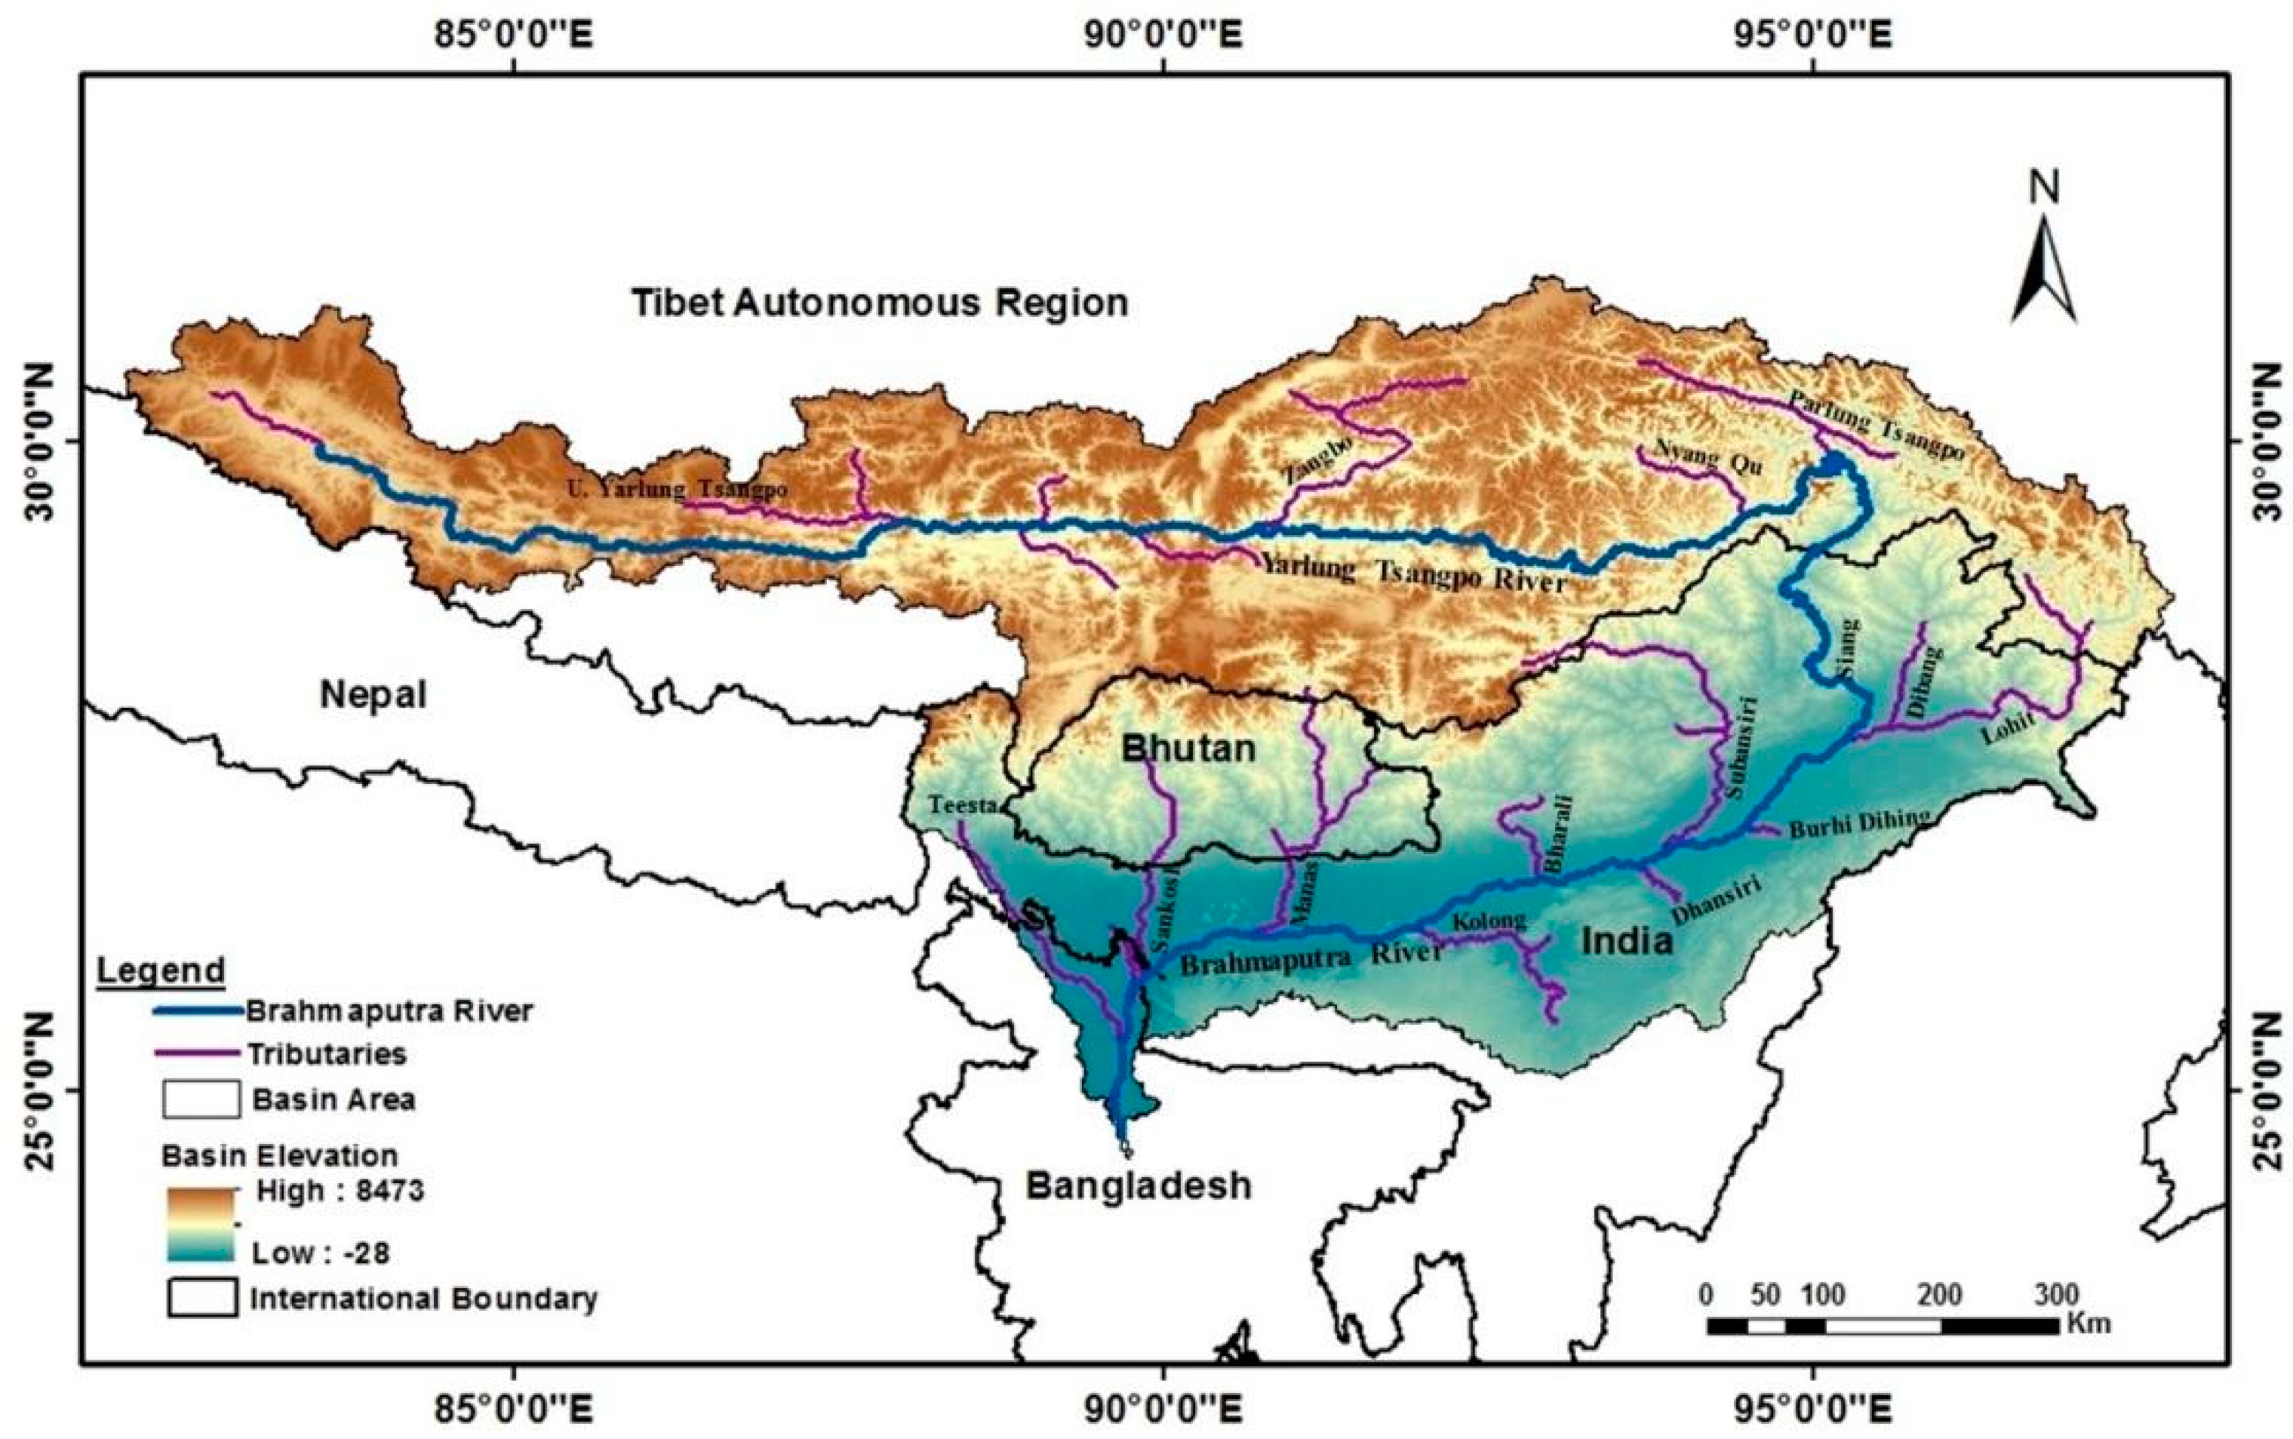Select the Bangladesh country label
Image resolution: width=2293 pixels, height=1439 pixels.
1138,1185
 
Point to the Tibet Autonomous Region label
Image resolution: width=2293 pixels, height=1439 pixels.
880,303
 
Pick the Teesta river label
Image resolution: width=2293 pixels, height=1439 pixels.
963,805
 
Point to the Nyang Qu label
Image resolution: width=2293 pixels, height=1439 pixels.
1709,457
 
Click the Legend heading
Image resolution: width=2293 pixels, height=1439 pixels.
161,970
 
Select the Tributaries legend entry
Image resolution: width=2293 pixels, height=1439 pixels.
327,1053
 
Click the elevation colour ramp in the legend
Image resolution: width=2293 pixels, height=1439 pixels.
200,1223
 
